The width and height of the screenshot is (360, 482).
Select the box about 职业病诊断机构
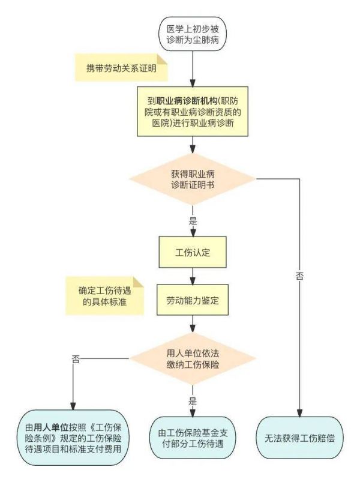tap(191, 112)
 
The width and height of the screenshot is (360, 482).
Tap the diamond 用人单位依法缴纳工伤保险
tap(192, 358)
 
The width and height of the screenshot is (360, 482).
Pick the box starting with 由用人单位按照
tap(74, 436)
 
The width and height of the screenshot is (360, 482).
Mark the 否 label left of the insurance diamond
tap(75, 360)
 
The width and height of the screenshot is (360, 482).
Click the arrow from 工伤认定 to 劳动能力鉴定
tap(192, 276)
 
